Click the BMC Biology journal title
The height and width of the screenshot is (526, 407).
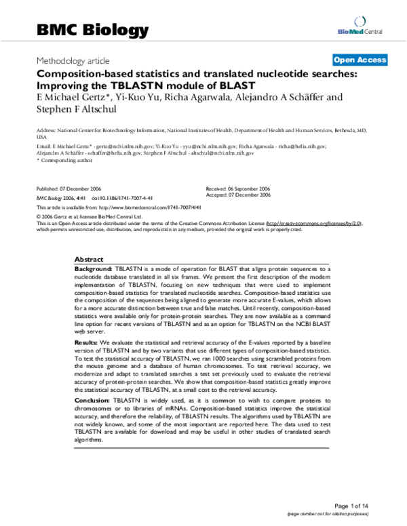92,30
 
